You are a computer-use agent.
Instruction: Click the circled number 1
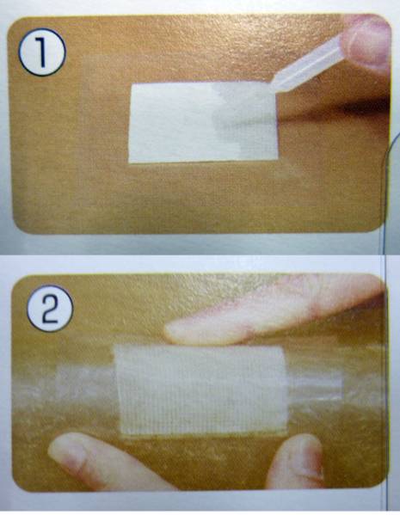click(x=42, y=52)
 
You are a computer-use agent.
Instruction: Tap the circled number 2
click(x=50, y=309)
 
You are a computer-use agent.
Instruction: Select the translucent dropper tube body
click(x=309, y=63)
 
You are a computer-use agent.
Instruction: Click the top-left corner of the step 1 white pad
click(x=132, y=85)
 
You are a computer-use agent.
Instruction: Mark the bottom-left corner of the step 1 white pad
click(x=129, y=162)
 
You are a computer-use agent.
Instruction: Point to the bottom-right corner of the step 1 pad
click(x=278, y=160)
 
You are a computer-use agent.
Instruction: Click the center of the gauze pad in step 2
click(x=201, y=390)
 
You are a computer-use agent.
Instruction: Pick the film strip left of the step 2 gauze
click(x=85, y=384)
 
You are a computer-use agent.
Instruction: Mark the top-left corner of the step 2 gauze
click(x=114, y=346)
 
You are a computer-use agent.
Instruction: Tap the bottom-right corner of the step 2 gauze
click(x=287, y=432)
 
